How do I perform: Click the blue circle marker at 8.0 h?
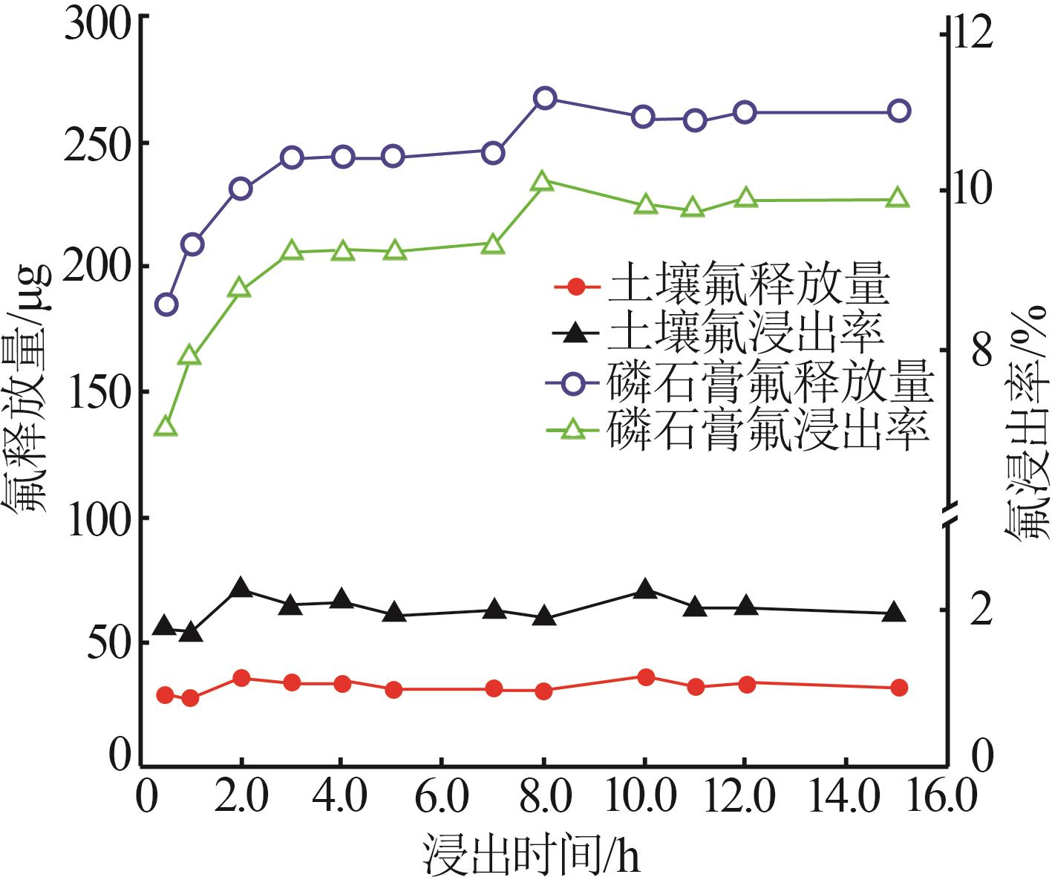[544, 98]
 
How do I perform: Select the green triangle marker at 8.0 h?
[542, 182]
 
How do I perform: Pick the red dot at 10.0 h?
[645, 677]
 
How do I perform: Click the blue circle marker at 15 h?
[899, 111]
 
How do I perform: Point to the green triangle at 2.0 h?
[239, 289]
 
